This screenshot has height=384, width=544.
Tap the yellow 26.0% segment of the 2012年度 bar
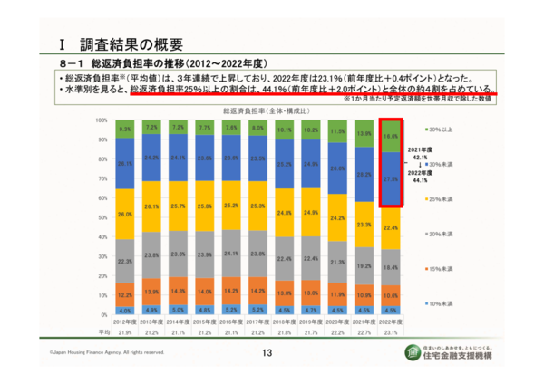126,215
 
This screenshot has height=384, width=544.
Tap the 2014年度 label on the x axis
179,322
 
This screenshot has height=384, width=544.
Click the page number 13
267,353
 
